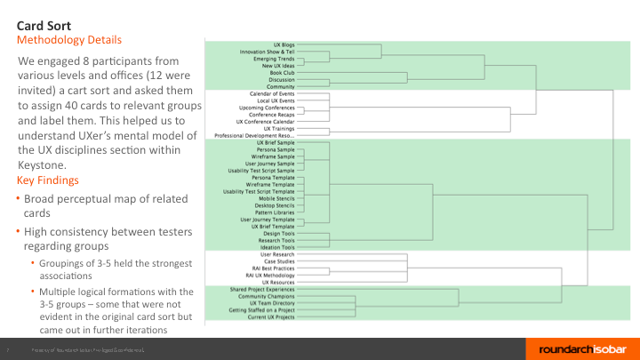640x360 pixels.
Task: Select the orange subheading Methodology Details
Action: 69,40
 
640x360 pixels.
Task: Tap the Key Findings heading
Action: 53,180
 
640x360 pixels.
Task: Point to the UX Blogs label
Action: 284,44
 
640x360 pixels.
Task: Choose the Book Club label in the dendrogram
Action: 282,72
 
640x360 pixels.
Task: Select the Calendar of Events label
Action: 272,93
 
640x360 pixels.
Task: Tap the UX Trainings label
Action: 279,128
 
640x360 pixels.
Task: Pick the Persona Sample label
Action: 276,149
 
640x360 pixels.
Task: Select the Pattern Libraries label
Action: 275,212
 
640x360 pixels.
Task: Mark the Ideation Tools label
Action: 276,247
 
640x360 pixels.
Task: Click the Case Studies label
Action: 277,261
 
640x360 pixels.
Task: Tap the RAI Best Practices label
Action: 270,268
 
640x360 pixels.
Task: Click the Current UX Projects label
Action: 270,317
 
